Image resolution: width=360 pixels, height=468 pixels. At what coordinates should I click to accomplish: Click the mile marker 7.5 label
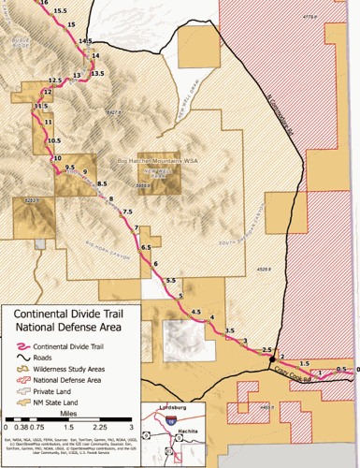point(127,212)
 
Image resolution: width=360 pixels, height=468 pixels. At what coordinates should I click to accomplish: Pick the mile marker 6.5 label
point(146,246)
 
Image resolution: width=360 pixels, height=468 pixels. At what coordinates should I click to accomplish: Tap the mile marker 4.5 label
point(195,311)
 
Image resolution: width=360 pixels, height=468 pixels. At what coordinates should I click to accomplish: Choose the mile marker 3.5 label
point(230,330)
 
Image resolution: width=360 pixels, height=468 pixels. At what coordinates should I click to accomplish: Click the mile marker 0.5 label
point(341,369)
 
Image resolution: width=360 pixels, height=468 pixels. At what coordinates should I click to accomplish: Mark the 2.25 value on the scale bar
point(107,427)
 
